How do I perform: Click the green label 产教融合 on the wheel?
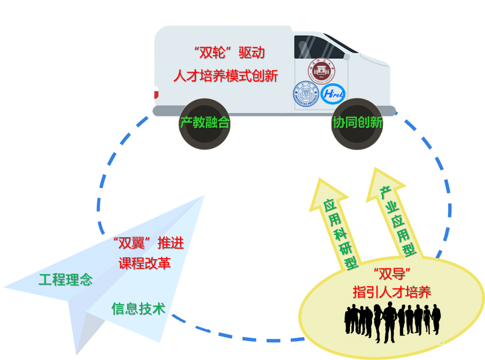pos(205,122)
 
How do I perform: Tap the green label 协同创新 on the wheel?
pos(357,122)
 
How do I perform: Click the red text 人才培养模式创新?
pos(226,76)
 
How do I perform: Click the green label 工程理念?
pos(66,280)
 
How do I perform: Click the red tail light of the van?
pos(155,92)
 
